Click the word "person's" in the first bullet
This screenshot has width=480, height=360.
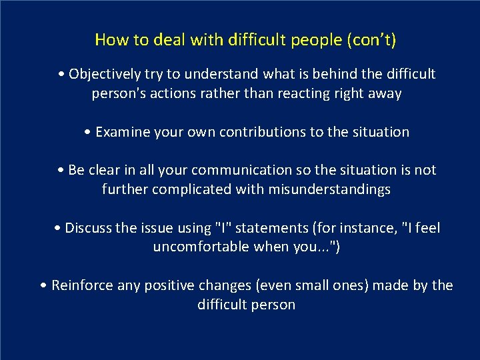click(119, 93)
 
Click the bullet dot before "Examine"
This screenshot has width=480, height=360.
click(89, 132)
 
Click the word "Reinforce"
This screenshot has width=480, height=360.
click(83, 286)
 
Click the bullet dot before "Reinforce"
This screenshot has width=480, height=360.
click(44, 286)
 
